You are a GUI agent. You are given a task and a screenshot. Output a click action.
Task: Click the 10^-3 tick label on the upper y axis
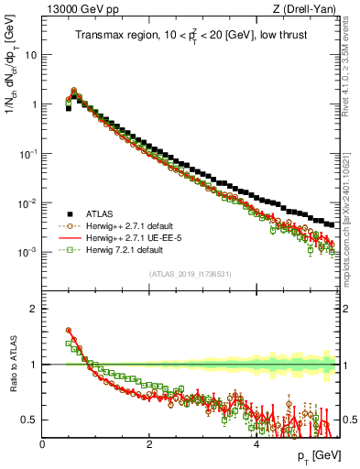(x=27, y=252)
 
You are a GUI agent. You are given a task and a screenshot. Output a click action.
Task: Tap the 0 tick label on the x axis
(x=42, y=444)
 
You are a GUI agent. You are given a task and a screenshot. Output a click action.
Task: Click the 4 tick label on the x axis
(x=256, y=444)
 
